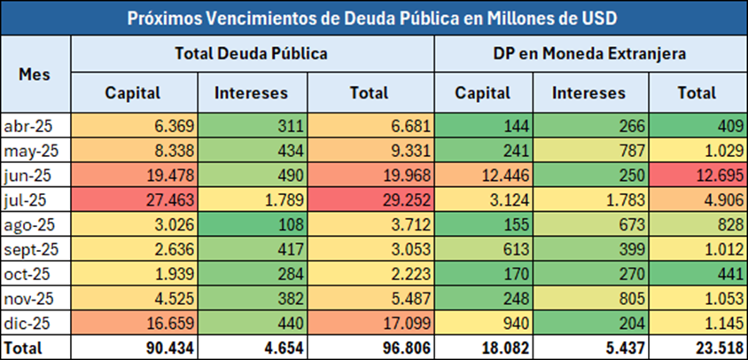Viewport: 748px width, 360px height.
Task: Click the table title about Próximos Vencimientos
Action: click(x=373, y=18)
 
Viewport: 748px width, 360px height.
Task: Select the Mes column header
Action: click(x=35, y=74)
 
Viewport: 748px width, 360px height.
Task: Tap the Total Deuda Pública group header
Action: click(x=253, y=53)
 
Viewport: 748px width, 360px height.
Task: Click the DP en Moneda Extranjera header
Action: click(x=590, y=53)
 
